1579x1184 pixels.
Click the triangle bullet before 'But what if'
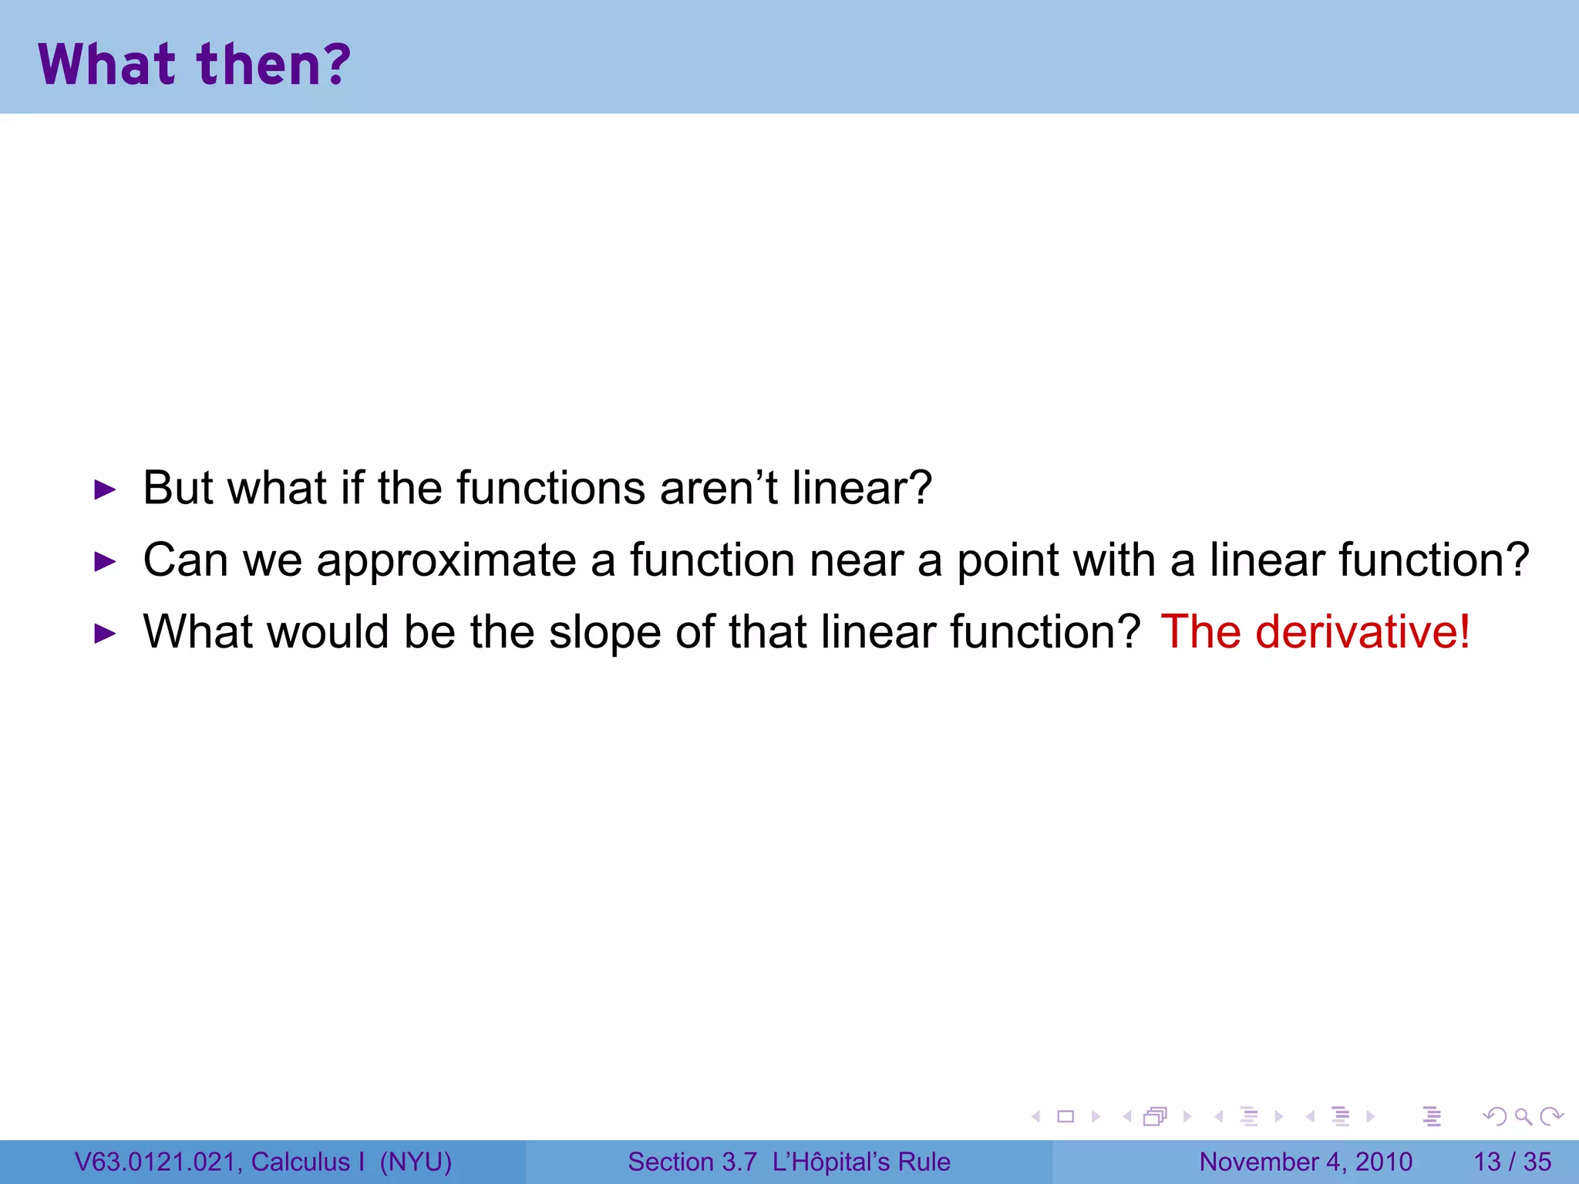[104, 489]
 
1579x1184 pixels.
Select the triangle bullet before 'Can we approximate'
[104, 561]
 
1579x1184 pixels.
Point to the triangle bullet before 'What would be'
[104, 634]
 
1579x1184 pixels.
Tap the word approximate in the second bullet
[446, 561]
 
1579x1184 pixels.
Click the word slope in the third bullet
[604, 634]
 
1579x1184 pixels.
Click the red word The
[1200, 632]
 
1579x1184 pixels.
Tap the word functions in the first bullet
[550, 489]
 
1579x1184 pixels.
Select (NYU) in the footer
[416, 1162]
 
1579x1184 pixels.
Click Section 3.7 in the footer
[692, 1162]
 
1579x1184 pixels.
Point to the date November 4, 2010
[1305, 1162]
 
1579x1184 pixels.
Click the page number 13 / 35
[1512, 1162]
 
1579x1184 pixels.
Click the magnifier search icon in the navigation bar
[1523, 1116]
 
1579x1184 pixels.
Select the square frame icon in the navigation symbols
[1066, 1116]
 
